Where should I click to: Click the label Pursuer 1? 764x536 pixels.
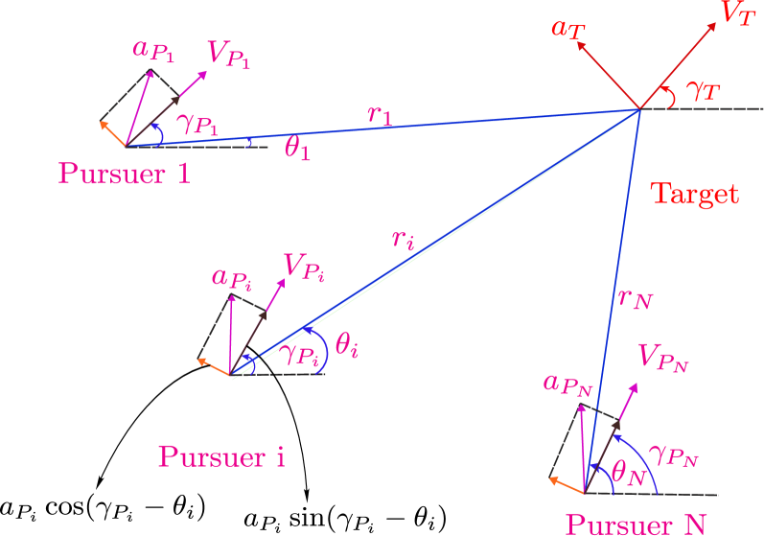coord(124,174)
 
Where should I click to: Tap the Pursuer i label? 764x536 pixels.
coord(221,457)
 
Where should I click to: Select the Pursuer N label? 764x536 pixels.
coord(636,524)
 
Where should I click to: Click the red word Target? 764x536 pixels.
coord(695,194)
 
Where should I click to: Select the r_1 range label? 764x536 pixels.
coord(380,115)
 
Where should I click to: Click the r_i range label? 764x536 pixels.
coord(403,240)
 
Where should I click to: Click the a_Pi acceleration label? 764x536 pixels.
coord(233,280)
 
